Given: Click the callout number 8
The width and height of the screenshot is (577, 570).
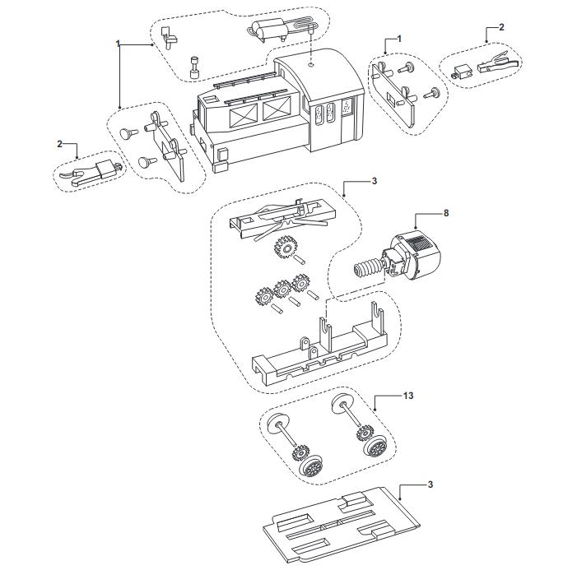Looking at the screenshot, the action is tap(446, 213).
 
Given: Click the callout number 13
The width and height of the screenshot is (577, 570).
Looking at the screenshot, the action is tap(408, 396).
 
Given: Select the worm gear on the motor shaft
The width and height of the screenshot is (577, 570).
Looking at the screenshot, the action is tap(368, 268).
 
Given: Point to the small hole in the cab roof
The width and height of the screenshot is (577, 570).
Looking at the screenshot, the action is tap(311, 65).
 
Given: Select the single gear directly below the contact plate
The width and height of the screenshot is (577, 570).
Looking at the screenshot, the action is tap(283, 248).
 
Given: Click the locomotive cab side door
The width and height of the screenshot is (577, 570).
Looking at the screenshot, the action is tap(348, 119).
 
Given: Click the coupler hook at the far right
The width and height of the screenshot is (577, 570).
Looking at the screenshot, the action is tap(499, 63).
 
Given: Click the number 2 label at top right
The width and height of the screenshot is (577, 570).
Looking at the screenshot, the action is tap(501, 27).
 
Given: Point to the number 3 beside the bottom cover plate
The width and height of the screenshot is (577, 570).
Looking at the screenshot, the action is tap(430, 484).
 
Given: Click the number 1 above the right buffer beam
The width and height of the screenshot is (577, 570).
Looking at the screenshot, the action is tap(399, 39).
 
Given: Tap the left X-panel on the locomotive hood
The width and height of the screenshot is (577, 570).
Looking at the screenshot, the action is tap(244, 117).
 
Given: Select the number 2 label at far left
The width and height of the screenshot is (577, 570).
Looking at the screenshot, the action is tap(60, 144).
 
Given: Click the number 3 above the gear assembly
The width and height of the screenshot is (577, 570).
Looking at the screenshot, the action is tap(375, 181).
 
